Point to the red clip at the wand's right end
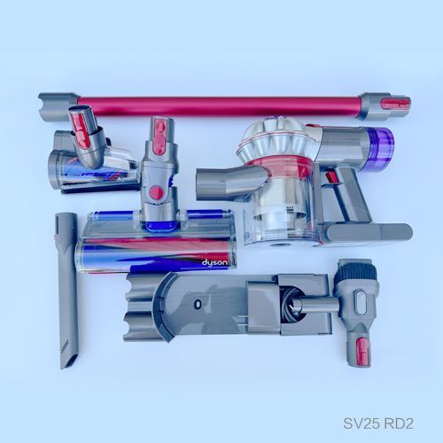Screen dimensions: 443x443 coord(395,105)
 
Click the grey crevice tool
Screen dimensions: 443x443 coord(67,284)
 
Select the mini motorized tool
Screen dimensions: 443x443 coord(89,159)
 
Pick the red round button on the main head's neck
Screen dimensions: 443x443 coord(156,192)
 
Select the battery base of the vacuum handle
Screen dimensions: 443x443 coord(363,234)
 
